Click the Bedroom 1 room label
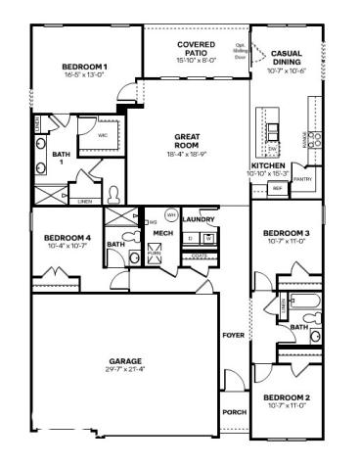coord(85,67)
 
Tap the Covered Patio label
coord(196,45)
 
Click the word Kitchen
coord(267,166)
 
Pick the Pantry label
coord(302,179)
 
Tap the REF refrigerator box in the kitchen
coord(277,188)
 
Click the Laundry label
coord(199,219)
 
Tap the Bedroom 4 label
coord(67,238)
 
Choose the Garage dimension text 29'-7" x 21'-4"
coord(124,369)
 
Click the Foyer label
coord(233,335)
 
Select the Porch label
coord(233,412)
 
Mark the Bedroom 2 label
coord(287,396)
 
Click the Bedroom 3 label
coord(287,232)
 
